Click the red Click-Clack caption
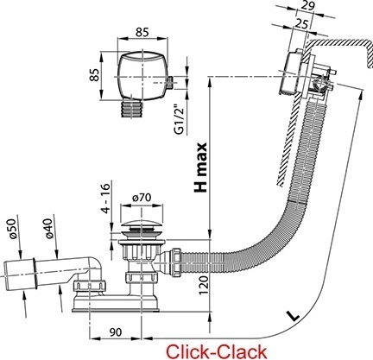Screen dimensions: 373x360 point(217,351)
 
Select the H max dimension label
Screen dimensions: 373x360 point(201,167)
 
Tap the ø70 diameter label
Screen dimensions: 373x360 point(142,198)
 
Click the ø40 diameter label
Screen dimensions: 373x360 point(49,228)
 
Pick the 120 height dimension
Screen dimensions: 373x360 point(204,285)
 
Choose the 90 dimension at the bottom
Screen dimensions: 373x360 point(116,332)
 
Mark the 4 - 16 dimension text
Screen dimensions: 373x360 point(106,199)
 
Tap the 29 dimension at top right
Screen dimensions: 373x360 point(307,5)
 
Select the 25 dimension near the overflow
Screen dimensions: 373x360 point(301,23)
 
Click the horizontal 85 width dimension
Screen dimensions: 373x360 point(142,32)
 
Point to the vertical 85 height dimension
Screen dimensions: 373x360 point(95,75)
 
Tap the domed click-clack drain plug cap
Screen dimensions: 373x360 point(141,226)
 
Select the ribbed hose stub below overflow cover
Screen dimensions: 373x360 point(132,109)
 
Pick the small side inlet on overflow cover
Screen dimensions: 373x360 point(169,83)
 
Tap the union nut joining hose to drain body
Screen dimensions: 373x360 point(176,262)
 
